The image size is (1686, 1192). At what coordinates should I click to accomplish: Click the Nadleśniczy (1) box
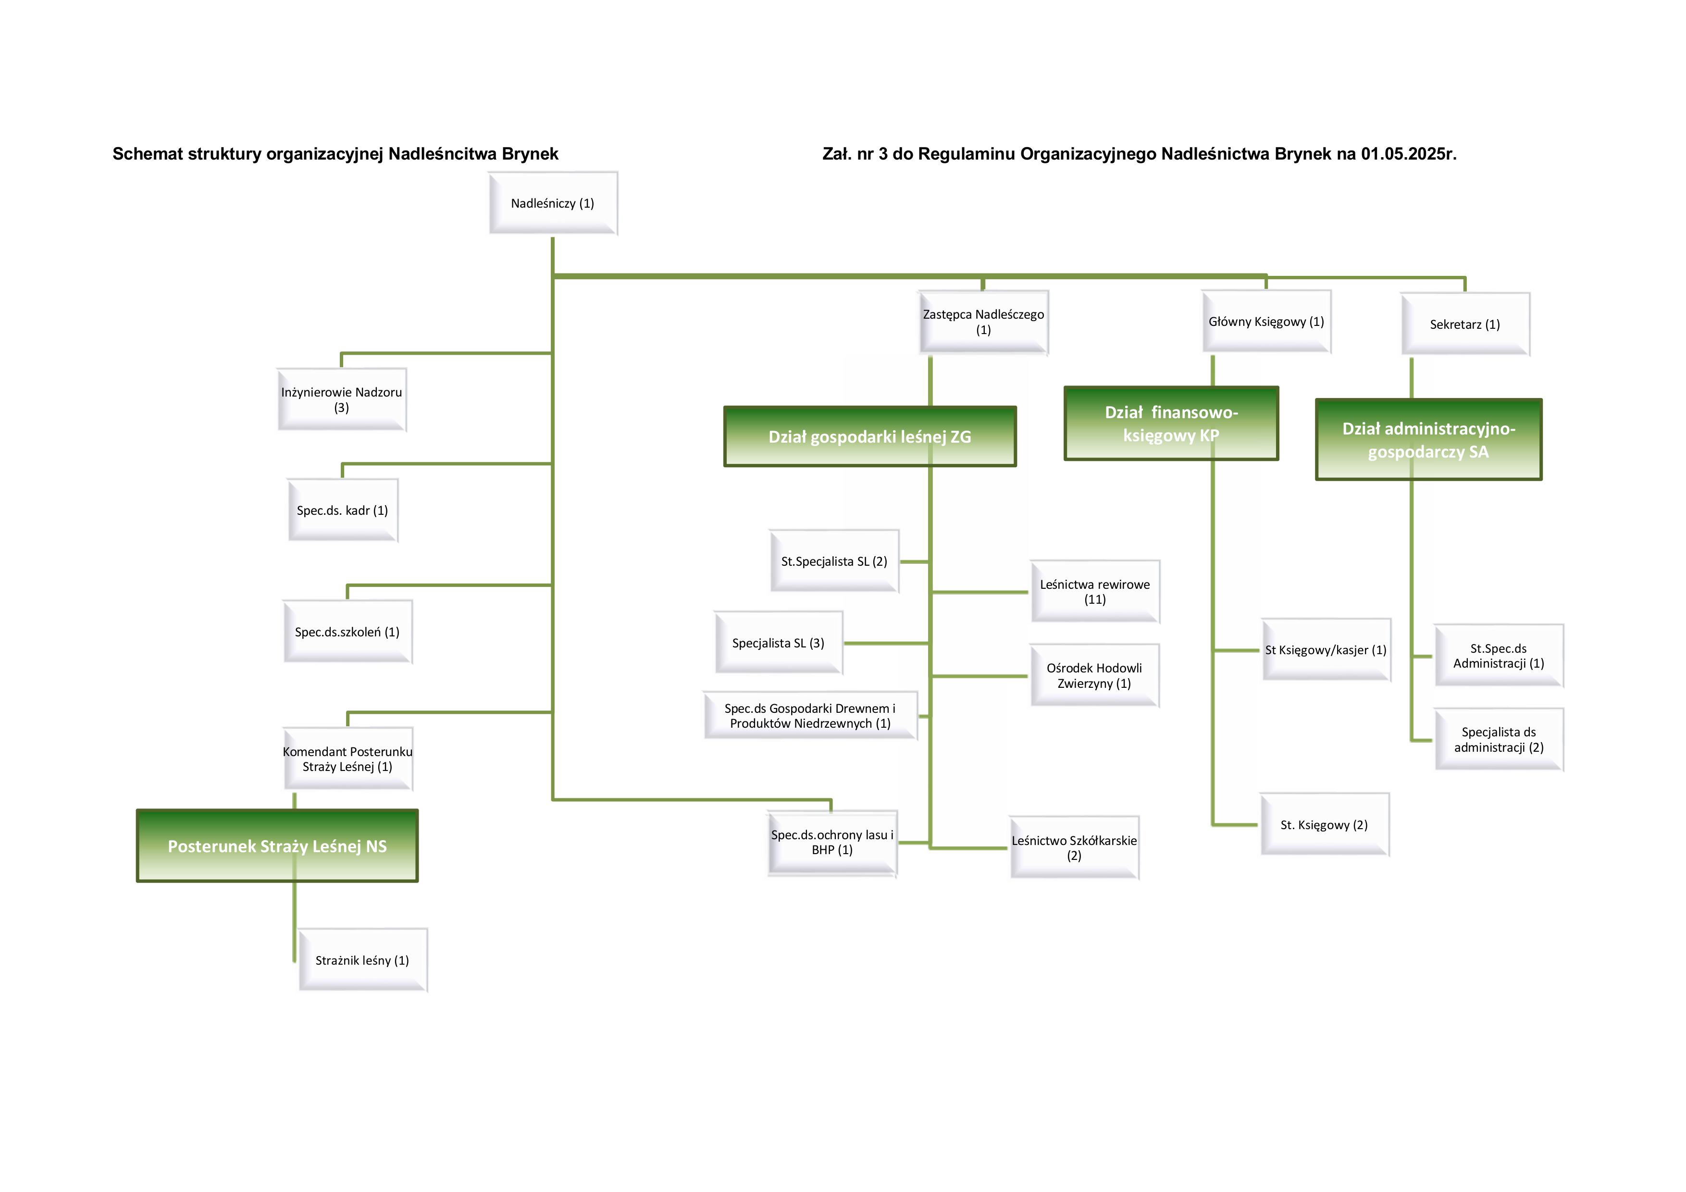pos(553,203)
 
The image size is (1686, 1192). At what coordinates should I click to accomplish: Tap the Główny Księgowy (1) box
pos(1266,322)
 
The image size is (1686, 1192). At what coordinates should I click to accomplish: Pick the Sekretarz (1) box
pos(1465,324)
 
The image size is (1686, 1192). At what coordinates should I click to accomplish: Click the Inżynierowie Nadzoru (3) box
pos(341,399)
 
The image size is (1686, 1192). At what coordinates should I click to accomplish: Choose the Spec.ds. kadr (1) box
pos(342,510)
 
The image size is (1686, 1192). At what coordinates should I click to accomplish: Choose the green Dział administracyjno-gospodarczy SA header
pos(1428,440)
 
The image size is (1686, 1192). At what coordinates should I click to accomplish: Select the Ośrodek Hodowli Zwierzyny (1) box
pos(1094,676)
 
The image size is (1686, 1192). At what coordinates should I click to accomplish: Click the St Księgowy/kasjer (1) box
pos(1326,650)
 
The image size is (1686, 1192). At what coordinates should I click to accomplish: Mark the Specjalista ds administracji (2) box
pos(1499,740)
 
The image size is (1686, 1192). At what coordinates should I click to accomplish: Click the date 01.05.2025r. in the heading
pos(1408,154)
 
